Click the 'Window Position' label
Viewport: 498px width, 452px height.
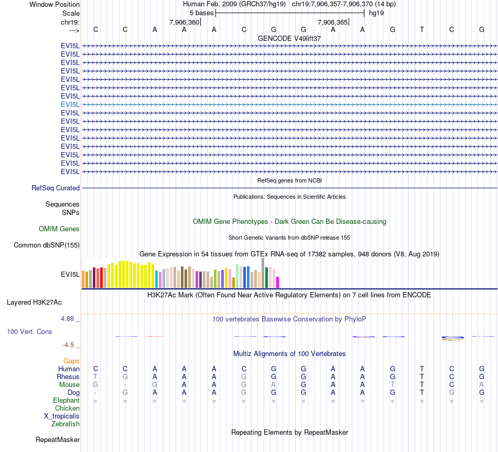coord(55,4)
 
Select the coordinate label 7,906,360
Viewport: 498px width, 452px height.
coord(185,23)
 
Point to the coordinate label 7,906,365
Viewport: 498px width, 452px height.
coord(333,23)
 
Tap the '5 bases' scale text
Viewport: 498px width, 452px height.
coord(201,13)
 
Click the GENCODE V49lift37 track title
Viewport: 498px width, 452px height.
coord(289,38)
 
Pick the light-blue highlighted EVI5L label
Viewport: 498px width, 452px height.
coord(70,104)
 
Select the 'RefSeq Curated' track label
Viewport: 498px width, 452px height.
coord(56,188)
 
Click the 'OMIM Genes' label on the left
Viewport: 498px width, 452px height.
coord(59,229)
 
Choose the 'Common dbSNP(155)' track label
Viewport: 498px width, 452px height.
coord(47,245)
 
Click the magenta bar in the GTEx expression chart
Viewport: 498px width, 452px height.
coord(278,282)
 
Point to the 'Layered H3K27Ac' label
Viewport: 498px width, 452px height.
coord(34,303)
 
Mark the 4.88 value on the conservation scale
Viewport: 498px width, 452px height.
coord(69,318)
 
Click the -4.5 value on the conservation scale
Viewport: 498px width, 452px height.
coord(69,345)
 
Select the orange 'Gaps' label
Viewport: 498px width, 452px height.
coord(71,361)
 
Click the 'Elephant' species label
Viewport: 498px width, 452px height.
coord(66,401)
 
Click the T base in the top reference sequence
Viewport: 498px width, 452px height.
coord(422,30)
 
